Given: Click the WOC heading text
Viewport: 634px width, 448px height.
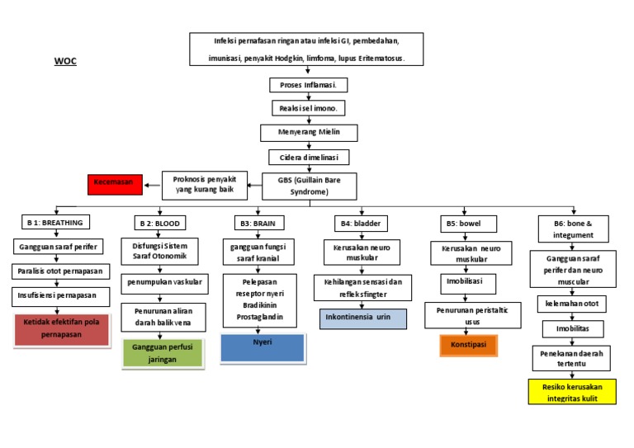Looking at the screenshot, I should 65,61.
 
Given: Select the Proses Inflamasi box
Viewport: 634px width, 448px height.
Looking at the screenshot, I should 308,85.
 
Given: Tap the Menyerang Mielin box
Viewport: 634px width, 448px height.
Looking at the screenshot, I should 308,132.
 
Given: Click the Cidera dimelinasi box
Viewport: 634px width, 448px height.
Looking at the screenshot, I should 308,156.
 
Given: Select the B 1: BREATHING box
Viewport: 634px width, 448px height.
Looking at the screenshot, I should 55,223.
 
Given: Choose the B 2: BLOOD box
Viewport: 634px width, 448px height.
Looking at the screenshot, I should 160,223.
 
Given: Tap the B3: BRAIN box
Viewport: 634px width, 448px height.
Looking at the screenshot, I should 258,223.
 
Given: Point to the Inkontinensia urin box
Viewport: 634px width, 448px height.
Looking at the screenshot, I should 363,318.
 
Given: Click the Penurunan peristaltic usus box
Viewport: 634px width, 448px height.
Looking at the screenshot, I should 471,315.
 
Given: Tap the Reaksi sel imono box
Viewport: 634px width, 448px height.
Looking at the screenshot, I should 308,109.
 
